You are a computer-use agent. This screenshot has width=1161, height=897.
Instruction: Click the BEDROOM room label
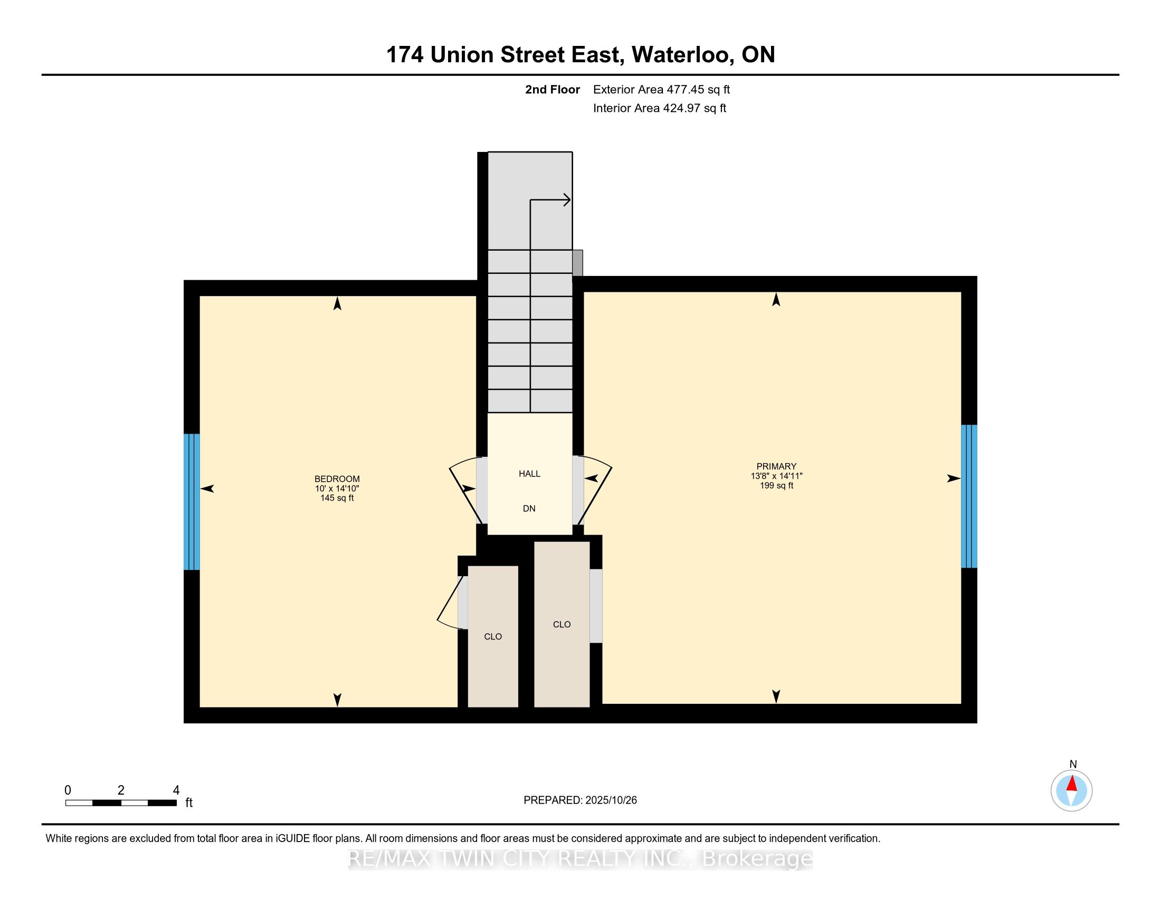tap(337, 479)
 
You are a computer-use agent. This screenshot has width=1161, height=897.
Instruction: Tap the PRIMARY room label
tap(776, 466)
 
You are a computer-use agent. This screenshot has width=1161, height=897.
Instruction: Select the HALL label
tap(529, 473)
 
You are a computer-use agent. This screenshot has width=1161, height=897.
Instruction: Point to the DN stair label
tap(529, 509)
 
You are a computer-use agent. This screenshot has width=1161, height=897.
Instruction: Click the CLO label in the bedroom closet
tap(493, 637)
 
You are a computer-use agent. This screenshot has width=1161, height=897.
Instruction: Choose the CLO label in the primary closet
tap(562, 624)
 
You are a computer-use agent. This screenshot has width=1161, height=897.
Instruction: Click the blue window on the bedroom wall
tap(192, 502)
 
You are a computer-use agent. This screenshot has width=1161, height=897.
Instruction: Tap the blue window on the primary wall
tap(968, 497)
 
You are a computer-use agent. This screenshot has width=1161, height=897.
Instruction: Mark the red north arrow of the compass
tap(1072, 784)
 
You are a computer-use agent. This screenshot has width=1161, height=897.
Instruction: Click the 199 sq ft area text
tap(776, 485)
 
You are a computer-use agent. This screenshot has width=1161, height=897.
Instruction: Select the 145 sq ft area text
tap(337, 498)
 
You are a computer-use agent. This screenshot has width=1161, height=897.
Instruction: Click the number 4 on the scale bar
tap(176, 790)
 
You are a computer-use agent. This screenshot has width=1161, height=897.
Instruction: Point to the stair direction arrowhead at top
tap(567, 201)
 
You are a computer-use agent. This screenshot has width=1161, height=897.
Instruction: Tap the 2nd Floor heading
tap(553, 90)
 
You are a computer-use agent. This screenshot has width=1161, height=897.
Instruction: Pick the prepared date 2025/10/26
tap(611, 800)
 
